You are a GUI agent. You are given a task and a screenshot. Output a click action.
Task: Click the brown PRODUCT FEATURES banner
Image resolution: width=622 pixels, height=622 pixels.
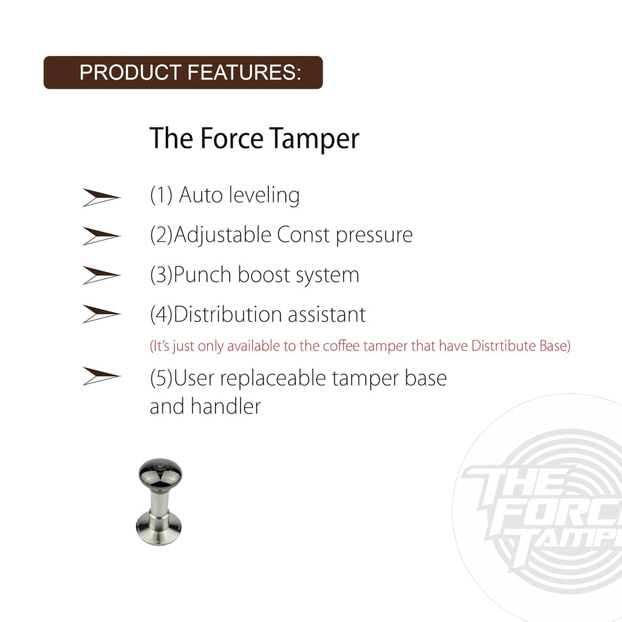point(183,72)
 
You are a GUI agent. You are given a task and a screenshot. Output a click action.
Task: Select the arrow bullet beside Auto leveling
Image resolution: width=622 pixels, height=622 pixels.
point(101,197)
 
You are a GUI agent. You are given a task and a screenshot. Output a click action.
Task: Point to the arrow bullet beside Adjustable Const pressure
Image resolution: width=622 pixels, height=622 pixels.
point(101,236)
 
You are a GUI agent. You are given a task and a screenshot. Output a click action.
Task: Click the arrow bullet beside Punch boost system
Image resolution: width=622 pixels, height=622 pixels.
point(101,275)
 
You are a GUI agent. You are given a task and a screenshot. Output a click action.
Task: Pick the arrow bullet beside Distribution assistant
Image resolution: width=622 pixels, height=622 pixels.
point(101,314)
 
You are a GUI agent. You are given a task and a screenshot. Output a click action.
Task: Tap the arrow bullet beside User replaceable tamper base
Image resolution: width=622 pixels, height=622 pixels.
point(101,377)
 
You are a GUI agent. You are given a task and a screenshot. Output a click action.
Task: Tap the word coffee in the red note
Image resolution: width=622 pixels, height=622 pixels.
point(340,347)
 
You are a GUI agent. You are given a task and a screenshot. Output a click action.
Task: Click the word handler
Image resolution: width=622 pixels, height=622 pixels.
point(225,406)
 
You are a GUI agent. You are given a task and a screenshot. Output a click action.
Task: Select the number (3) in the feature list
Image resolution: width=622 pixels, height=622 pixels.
point(161,275)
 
